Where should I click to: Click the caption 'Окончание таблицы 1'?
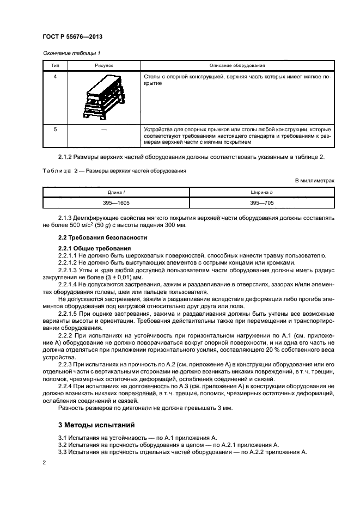click(70, 53)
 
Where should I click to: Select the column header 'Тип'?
click(54, 65)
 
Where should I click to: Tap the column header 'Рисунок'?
click(104, 65)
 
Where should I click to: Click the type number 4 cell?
click(54, 77)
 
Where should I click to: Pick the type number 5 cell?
click(54, 130)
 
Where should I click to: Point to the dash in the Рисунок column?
click(104, 130)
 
